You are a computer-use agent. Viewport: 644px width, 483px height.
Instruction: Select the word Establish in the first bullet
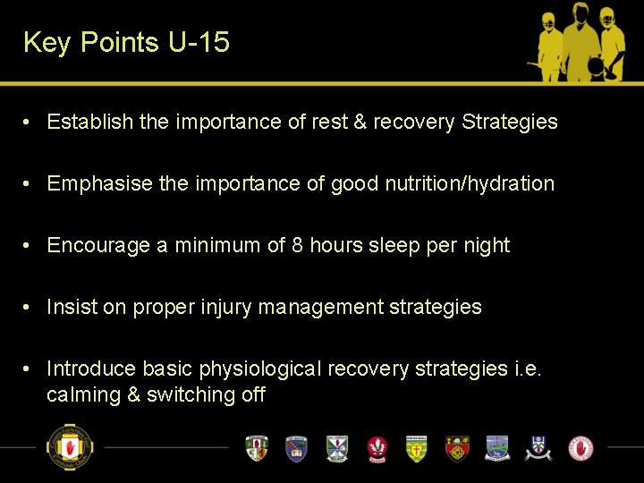[90, 122]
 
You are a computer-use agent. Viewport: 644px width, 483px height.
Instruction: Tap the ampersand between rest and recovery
[360, 122]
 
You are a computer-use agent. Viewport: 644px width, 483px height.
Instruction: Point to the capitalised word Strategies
[509, 122]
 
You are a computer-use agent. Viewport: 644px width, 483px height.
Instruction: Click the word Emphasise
[99, 183]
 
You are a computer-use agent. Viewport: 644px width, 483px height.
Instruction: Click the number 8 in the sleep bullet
[298, 245]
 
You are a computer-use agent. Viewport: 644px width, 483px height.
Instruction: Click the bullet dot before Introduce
[30, 369]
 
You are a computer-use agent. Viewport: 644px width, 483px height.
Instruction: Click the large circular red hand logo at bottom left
[69, 446]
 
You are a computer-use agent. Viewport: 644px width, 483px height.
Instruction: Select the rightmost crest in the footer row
[580, 447]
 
